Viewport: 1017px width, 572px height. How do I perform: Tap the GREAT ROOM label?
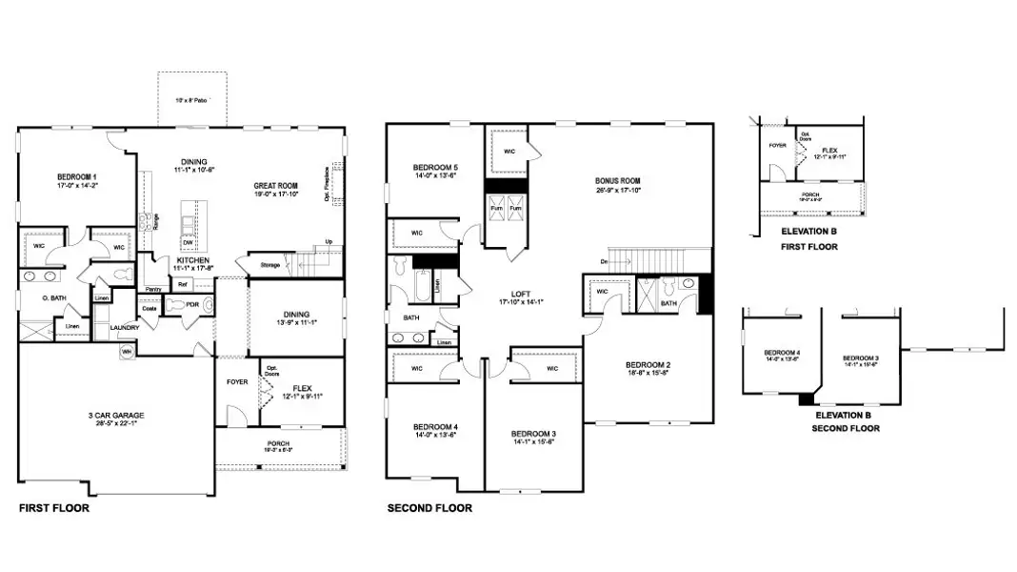[275, 186]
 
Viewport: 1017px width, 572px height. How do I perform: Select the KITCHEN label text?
[192, 259]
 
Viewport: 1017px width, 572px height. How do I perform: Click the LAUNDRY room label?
[125, 328]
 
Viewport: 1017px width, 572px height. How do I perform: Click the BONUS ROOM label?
[618, 180]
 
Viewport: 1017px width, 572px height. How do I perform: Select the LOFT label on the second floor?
[521, 295]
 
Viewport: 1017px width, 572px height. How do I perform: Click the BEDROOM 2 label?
[648, 365]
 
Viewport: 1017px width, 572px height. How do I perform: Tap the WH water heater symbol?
[126, 352]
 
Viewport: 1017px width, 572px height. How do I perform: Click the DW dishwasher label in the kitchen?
[188, 242]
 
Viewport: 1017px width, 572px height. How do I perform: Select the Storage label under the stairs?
[269, 265]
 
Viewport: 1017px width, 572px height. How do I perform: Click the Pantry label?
[153, 289]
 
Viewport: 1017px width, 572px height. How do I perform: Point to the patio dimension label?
[191, 99]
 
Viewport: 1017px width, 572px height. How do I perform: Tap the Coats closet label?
[150, 308]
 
